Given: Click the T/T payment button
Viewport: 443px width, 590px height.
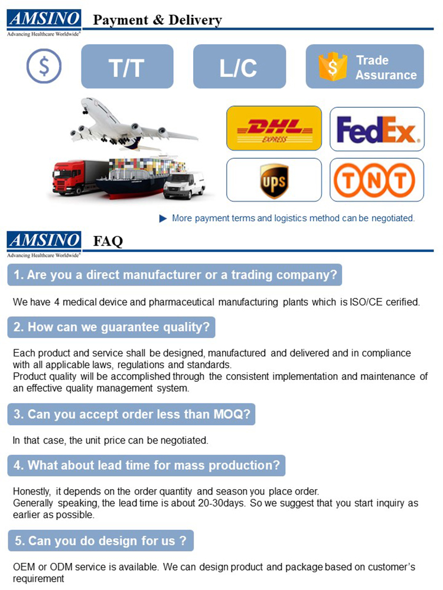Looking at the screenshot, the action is pos(127,67).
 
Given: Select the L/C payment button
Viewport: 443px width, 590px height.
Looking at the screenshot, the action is pos(239,67).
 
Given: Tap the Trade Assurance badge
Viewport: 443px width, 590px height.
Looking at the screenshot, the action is pos(364,67).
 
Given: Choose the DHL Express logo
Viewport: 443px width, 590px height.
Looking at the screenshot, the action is pos(274,128).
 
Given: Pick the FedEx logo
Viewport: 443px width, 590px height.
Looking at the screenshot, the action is pos(377,129).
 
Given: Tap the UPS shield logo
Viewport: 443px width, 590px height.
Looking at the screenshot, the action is pos(274,180).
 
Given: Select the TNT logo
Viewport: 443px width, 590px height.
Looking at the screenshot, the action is pos(377,180).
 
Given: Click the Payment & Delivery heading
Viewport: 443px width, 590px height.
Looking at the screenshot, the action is pos(158,21).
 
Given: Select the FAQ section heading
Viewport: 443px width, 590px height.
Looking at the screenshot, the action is pos(108,241).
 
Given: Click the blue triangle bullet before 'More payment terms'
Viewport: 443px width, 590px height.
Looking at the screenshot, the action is pos(164,218).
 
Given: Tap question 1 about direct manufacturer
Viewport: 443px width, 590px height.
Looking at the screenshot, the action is pos(175,275).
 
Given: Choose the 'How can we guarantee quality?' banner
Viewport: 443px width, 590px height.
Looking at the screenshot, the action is pos(111,327).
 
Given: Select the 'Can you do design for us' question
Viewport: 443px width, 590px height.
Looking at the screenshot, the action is pos(100,540).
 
